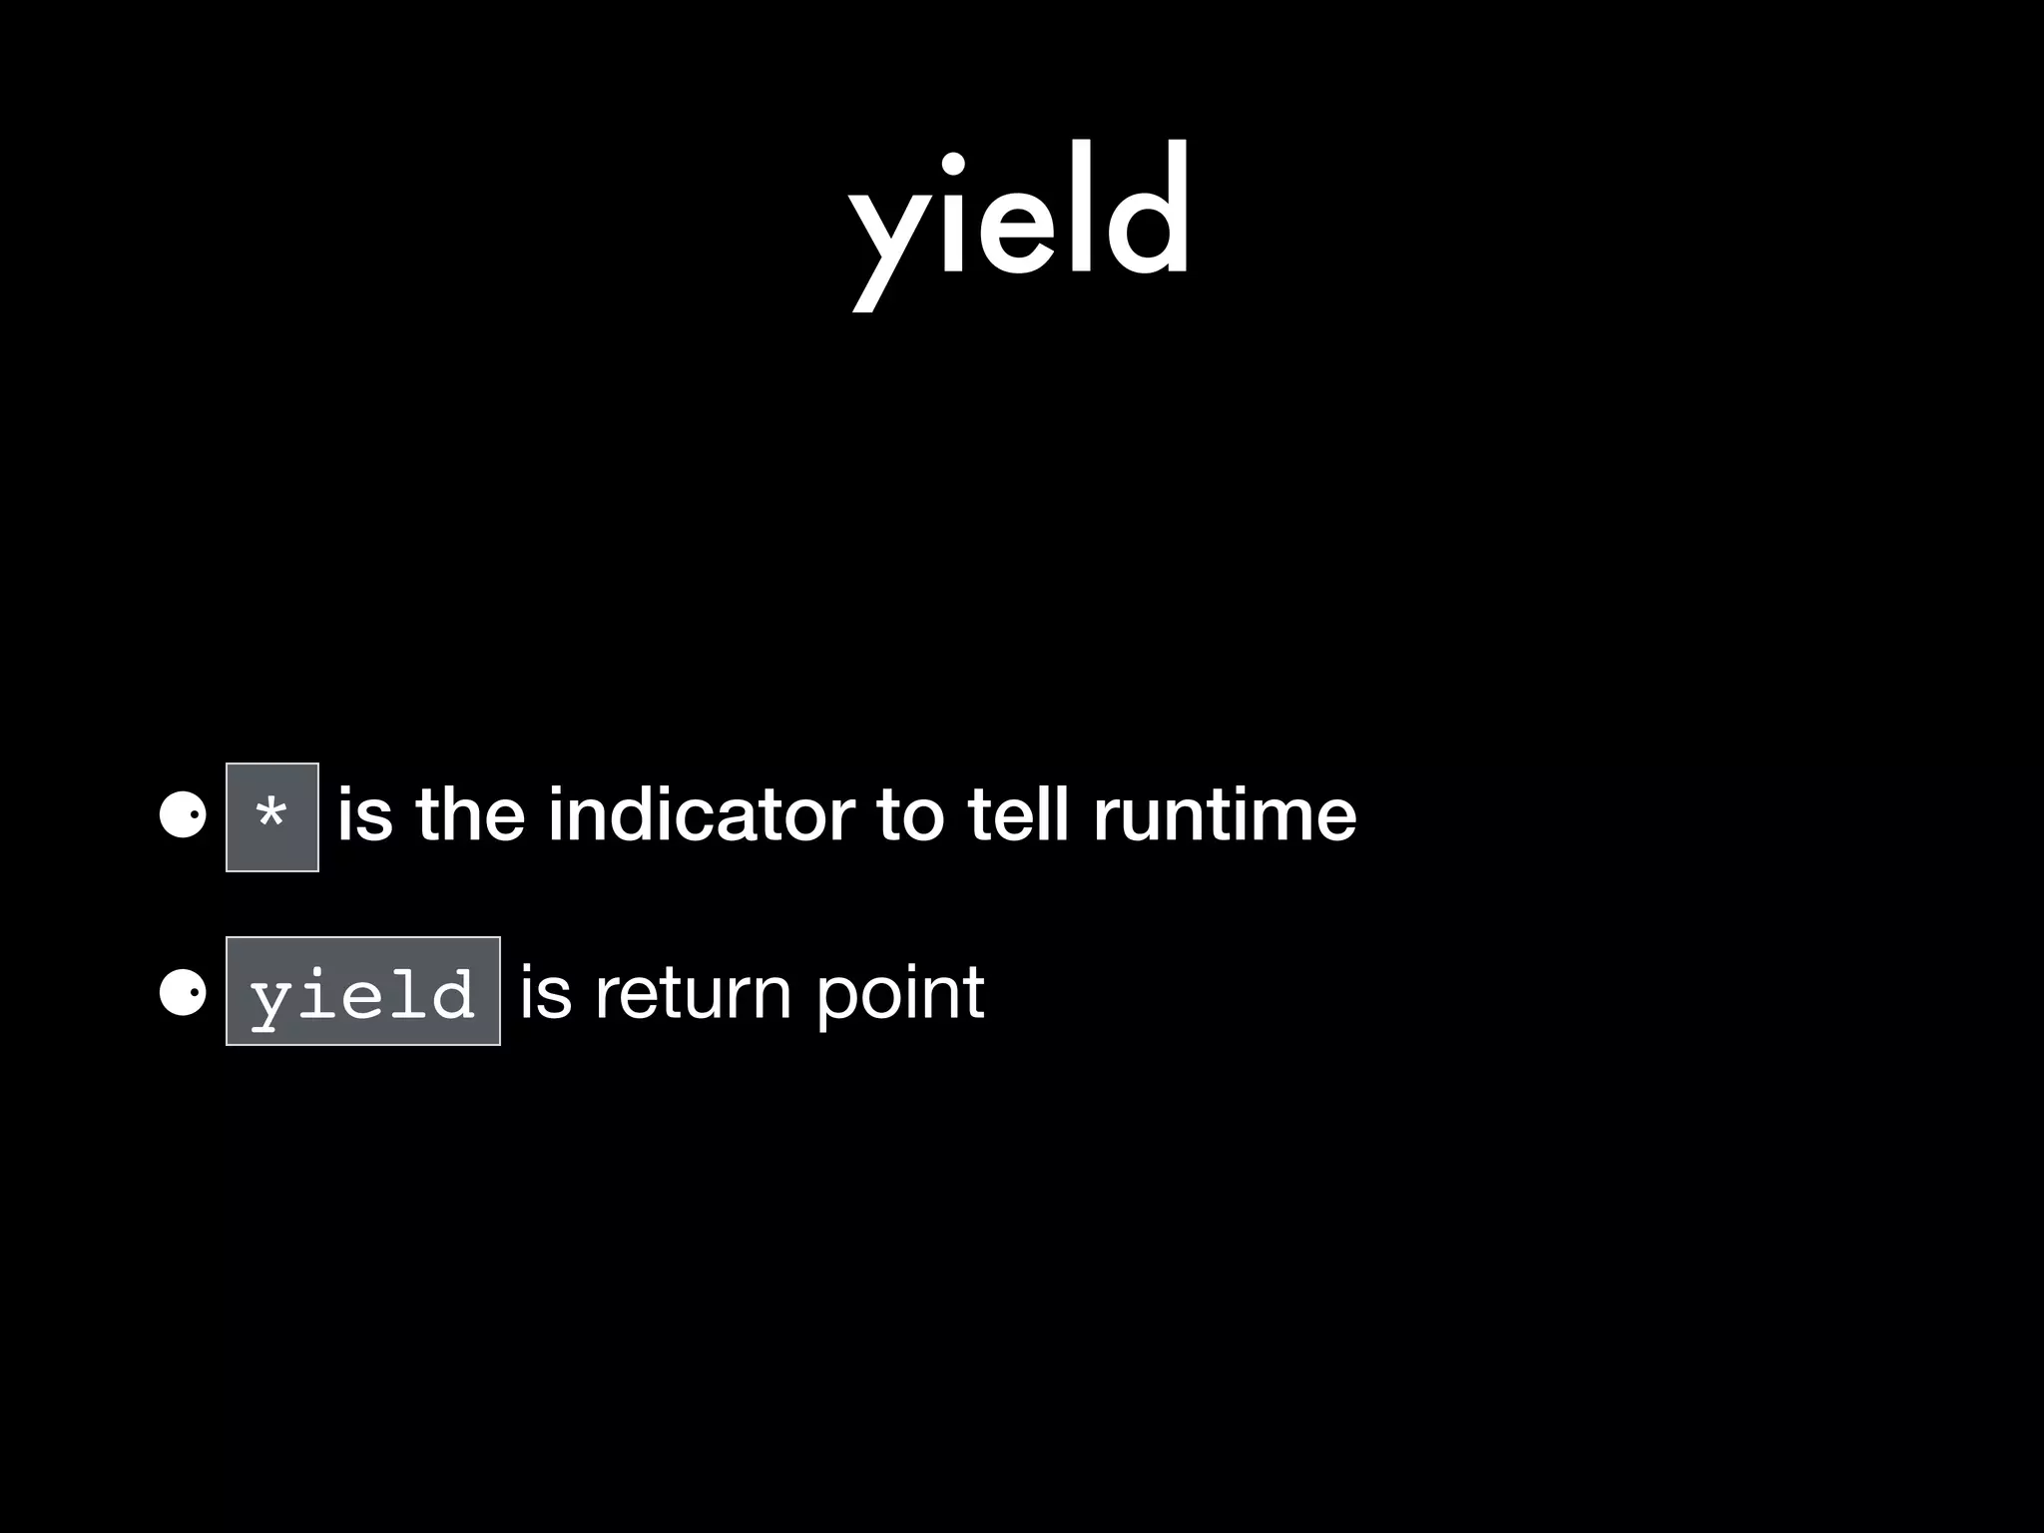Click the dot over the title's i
952,163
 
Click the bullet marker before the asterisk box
183,816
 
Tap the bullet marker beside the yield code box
183,992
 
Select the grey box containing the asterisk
272,816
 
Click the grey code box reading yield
363,991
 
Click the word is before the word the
365,815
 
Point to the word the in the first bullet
470,815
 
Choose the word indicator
702,815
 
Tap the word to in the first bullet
909,815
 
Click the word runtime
1225,815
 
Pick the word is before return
547,992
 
